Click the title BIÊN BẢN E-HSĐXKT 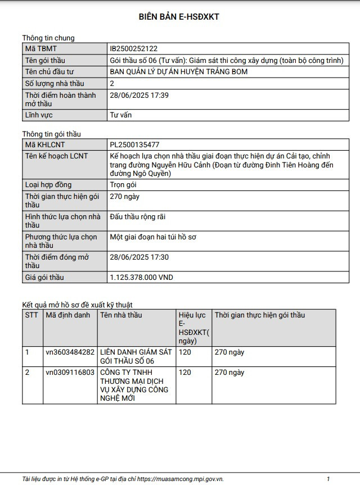(x=179, y=17)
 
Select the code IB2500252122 (x=134, y=49)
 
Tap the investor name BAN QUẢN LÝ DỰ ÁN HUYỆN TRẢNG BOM (x=178, y=72)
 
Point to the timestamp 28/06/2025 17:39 (x=139, y=95)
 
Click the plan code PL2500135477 (x=134, y=144)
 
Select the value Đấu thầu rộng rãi (x=138, y=217)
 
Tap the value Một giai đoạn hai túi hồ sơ (x=152, y=237)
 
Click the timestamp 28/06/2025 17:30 (x=139, y=257)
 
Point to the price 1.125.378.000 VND (x=141, y=278)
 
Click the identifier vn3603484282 (x=70, y=352)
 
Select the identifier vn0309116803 (x=70, y=373)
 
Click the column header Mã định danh (x=67, y=315)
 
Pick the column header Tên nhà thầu (x=121, y=315)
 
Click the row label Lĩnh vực (x=39, y=115)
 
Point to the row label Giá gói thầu (x=44, y=278)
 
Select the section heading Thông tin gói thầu (x=52, y=134)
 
